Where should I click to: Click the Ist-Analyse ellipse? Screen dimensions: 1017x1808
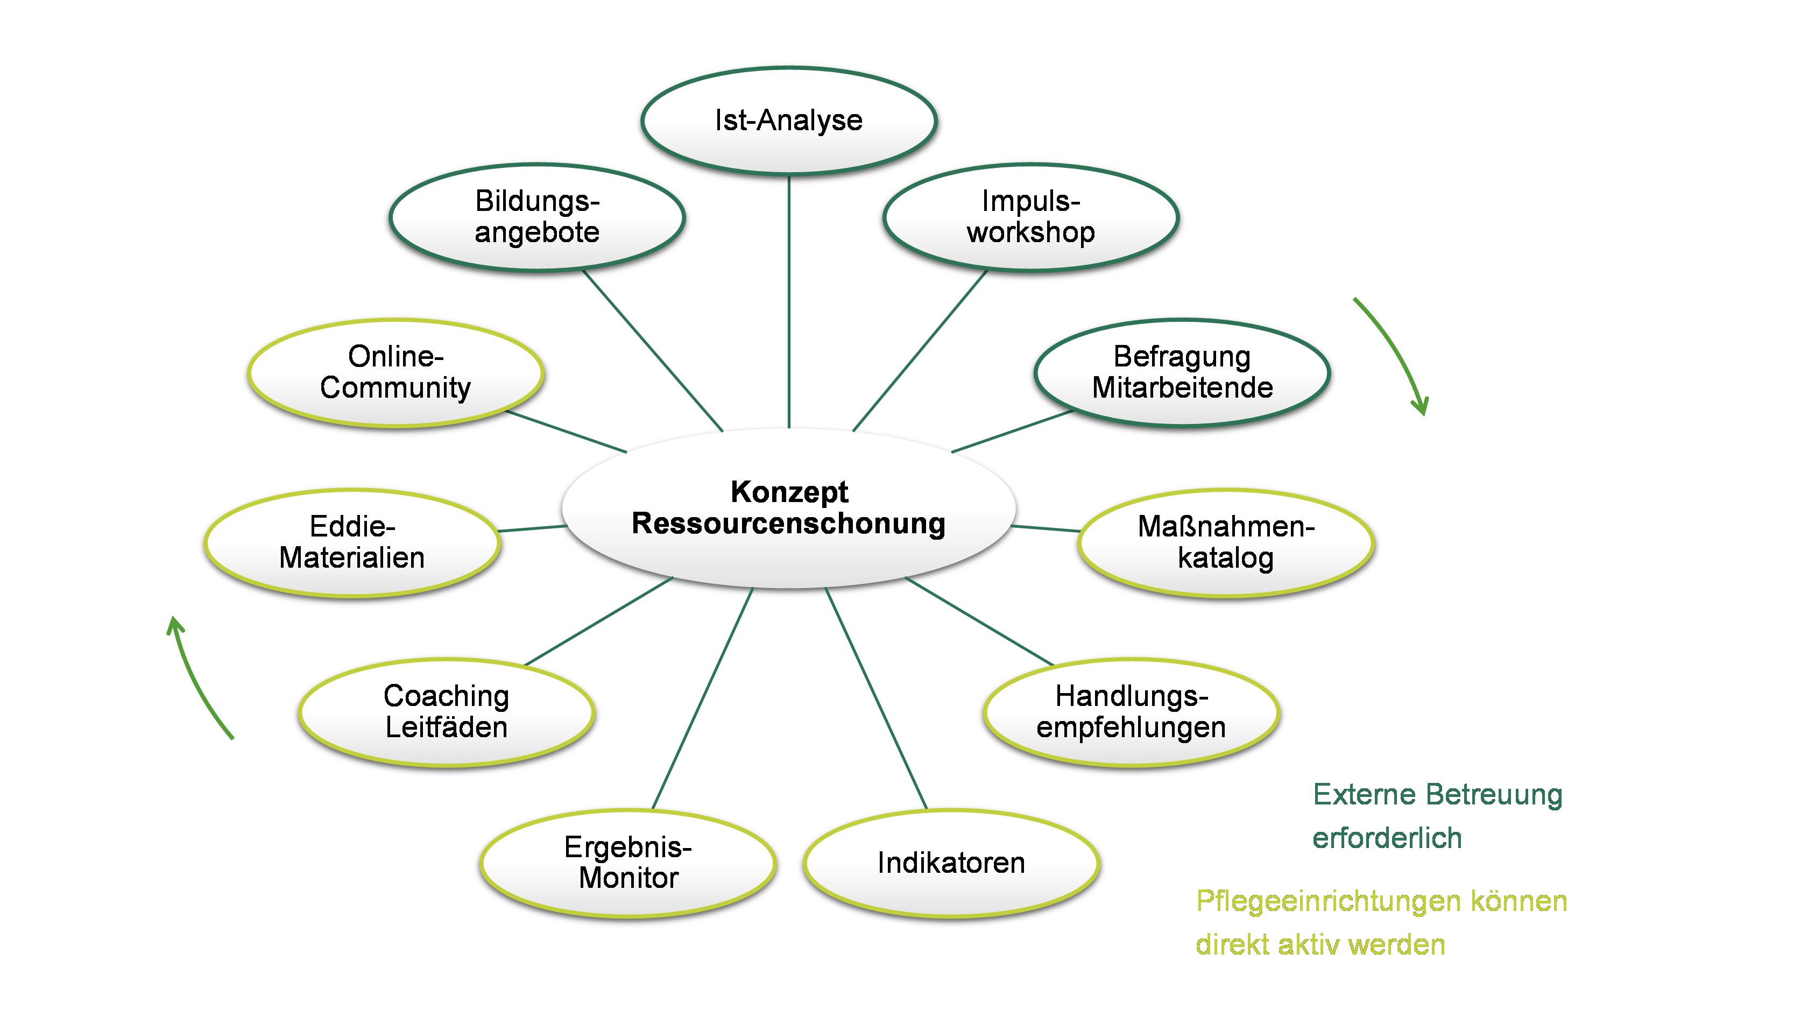789,121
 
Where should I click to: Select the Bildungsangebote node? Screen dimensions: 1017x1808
537,217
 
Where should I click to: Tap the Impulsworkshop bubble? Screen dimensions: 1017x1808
1030,217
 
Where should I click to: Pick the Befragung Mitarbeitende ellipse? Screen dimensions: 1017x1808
1182,373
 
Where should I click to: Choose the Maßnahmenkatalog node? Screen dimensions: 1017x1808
1225,542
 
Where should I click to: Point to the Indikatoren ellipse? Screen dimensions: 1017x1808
951,863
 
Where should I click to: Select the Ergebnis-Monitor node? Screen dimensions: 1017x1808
628,863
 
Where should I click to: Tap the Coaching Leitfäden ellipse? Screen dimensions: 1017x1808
447,712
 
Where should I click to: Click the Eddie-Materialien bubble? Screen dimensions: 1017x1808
351,542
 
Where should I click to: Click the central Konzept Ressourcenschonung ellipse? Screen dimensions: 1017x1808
789,554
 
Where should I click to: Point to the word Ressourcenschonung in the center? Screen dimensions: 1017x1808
789,524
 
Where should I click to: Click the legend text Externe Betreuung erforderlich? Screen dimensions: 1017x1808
1437,816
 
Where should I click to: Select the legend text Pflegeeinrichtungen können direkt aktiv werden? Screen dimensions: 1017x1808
1381,923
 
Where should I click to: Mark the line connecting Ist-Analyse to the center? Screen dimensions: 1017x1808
789,302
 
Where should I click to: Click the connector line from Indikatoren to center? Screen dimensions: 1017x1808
875,698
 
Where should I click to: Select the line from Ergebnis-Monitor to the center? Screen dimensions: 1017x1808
703,698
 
